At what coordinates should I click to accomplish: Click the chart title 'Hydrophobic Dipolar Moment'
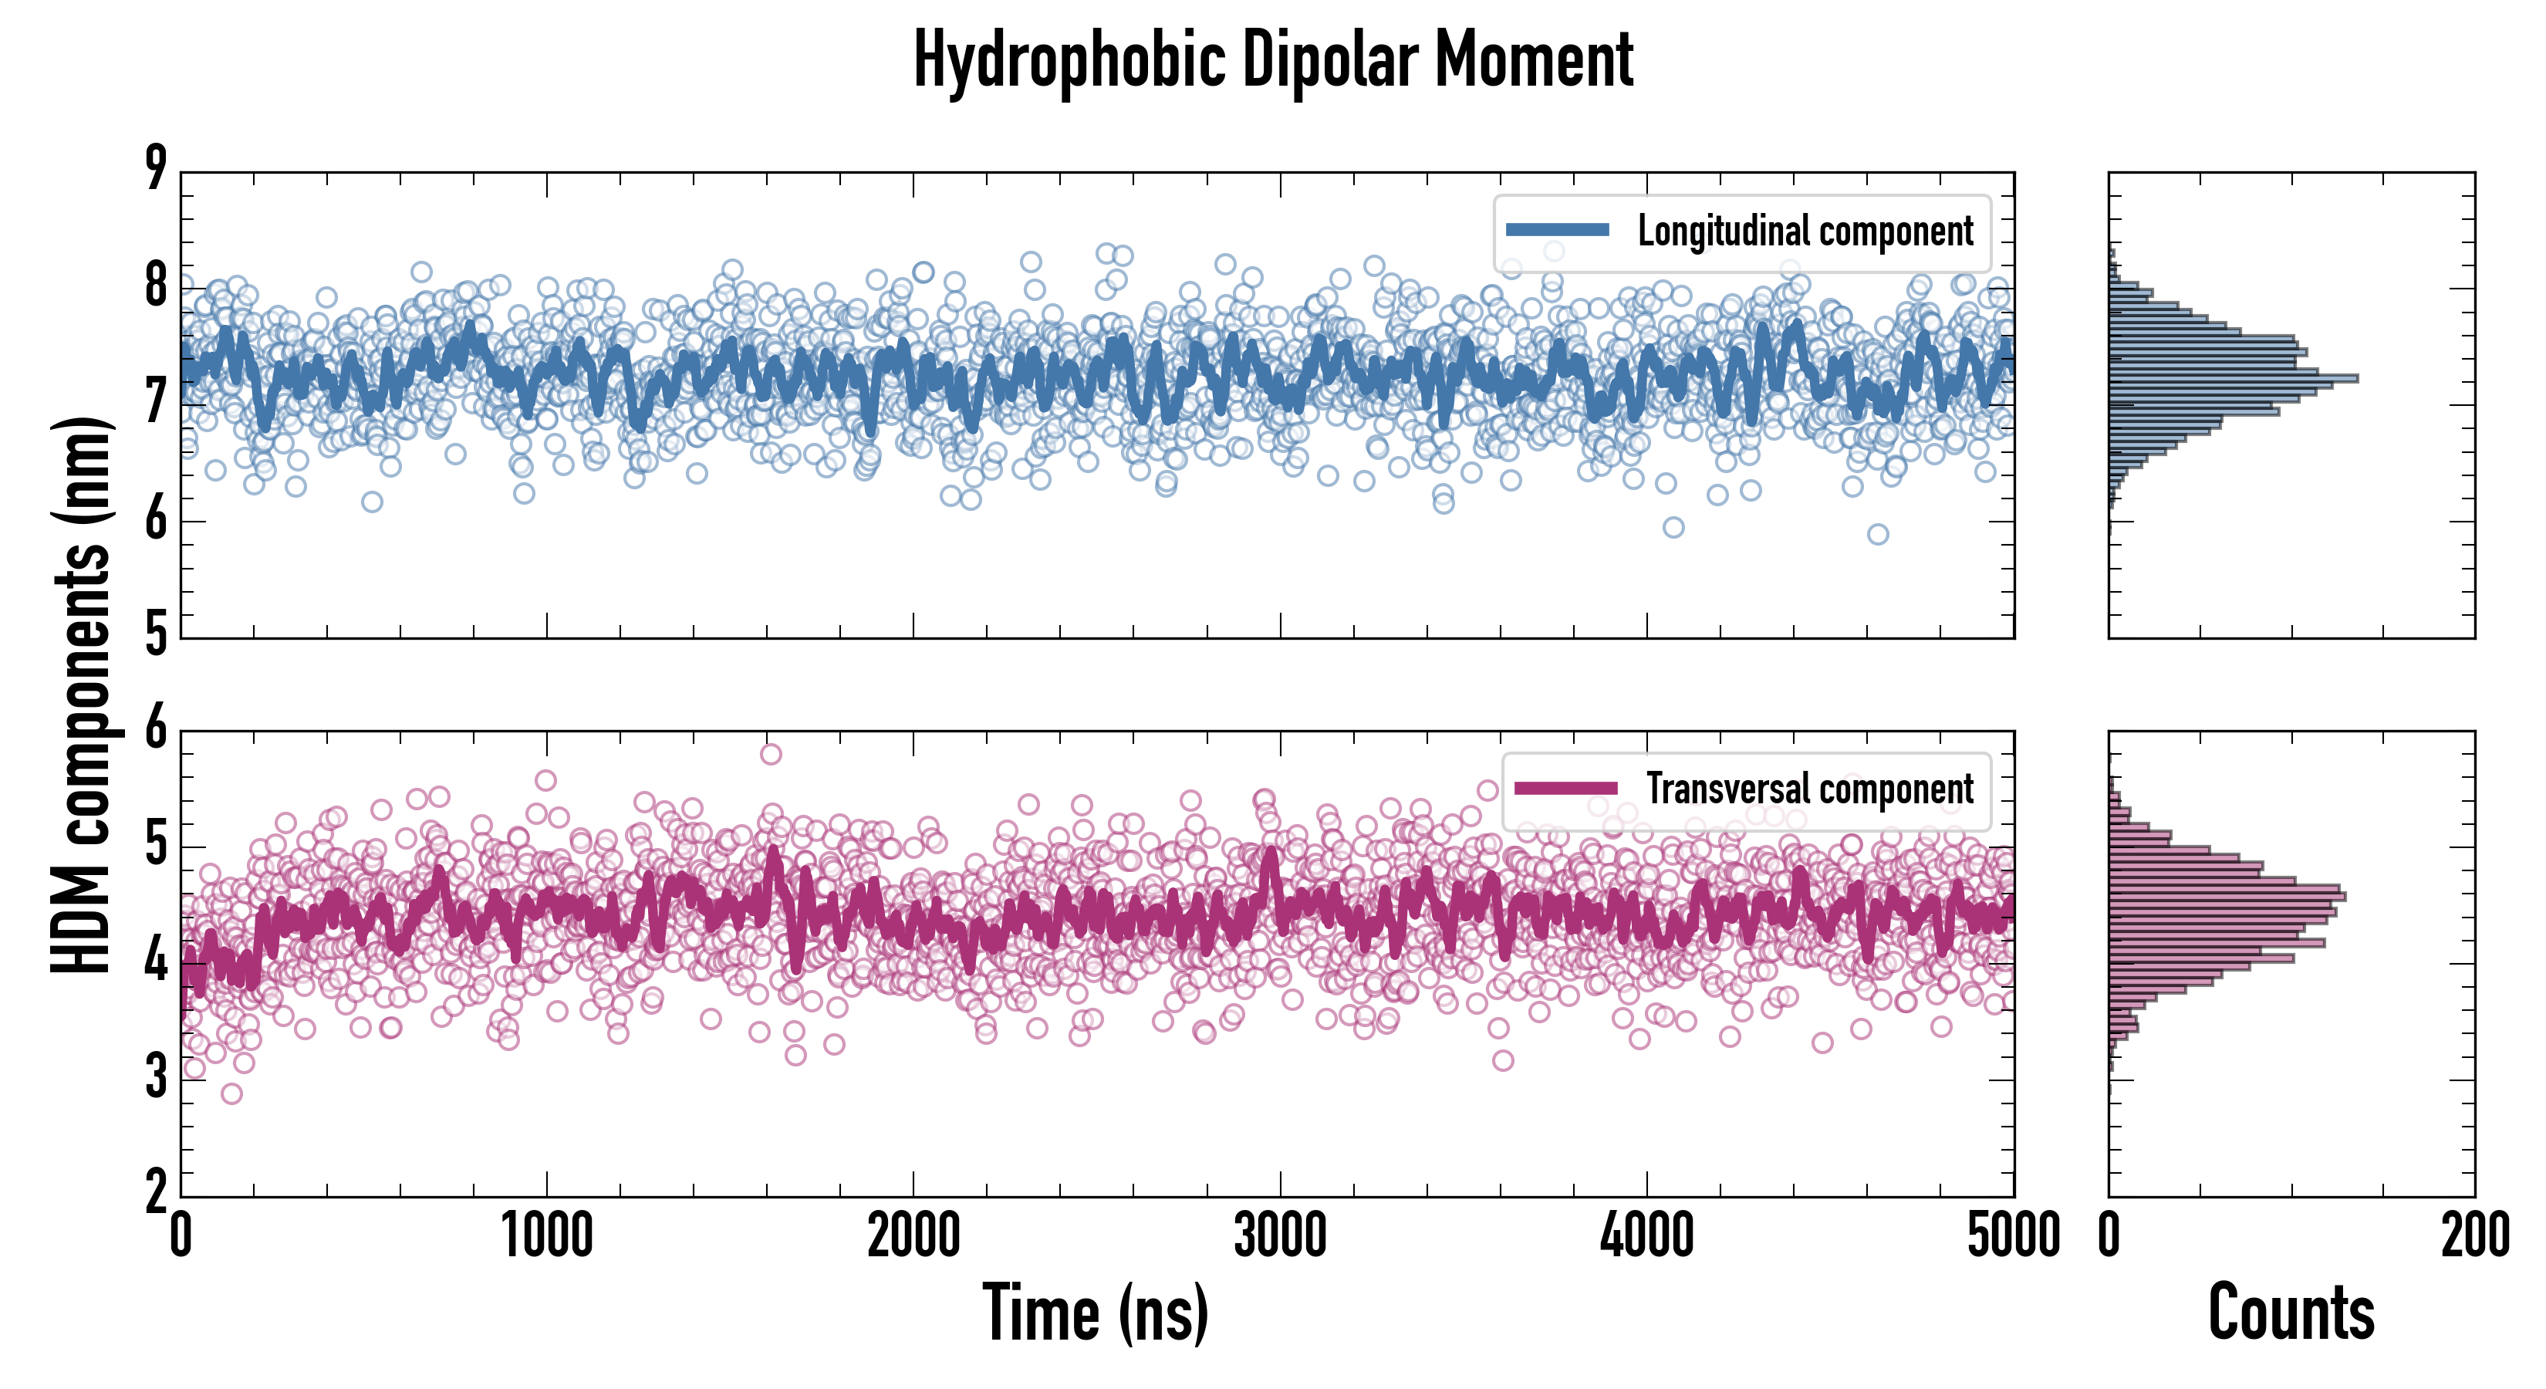pyautogui.click(x=1273, y=59)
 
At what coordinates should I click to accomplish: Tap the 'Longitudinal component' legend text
pyautogui.click(x=1805, y=231)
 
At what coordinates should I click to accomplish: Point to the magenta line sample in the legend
pyautogui.click(x=1565, y=788)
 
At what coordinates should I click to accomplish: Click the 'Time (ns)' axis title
pyautogui.click(x=1095, y=1313)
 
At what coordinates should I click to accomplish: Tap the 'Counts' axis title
pyautogui.click(x=2291, y=1313)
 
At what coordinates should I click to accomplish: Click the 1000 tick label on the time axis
pyautogui.click(x=546, y=1235)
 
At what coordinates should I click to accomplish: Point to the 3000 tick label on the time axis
pyautogui.click(x=1280, y=1235)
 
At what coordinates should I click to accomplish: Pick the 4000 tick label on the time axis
pyautogui.click(x=1646, y=1235)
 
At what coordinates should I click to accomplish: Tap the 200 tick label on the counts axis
pyautogui.click(x=2473, y=1235)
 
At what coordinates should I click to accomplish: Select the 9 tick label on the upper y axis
pyautogui.click(x=156, y=168)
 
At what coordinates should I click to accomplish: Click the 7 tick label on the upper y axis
pyautogui.click(x=156, y=401)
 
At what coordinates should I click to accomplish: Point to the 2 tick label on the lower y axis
pyautogui.click(x=156, y=1191)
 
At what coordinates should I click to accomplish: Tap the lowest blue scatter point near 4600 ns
pyautogui.click(x=1878, y=534)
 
